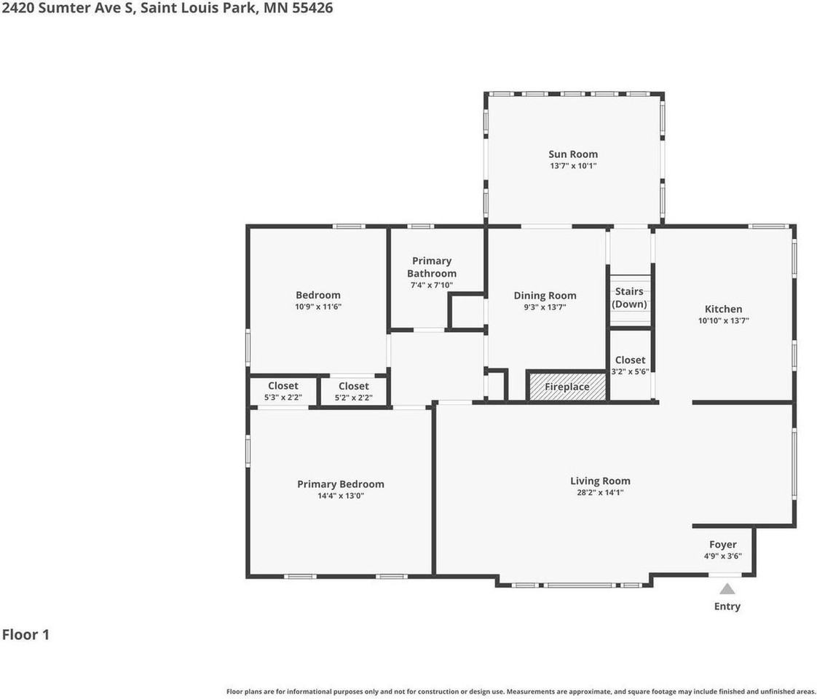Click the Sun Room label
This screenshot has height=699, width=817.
point(573,154)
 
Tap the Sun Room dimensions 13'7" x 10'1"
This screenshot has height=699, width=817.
point(573,166)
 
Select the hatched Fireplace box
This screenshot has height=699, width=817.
point(567,387)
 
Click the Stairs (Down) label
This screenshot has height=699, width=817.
point(629,297)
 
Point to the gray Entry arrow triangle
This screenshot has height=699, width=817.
point(727,589)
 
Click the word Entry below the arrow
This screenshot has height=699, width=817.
point(727,607)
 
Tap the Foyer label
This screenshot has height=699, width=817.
point(722,545)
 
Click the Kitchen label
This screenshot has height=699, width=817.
point(723,309)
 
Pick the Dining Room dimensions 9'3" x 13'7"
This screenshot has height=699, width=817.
point(545,307)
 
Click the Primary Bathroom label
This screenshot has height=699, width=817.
point(432,266)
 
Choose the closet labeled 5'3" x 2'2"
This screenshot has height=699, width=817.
point(283,392)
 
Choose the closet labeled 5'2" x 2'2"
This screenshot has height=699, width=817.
point(353,392)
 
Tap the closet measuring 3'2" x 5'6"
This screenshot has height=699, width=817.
point(630,366)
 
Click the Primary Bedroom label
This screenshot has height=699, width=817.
point(340,484)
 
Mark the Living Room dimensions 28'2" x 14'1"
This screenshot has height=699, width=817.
point(600,493)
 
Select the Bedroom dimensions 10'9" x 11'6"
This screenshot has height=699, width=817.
point(317,307)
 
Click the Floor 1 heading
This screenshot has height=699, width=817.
point(25,634)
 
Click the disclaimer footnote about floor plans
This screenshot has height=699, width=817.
point(521,691)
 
